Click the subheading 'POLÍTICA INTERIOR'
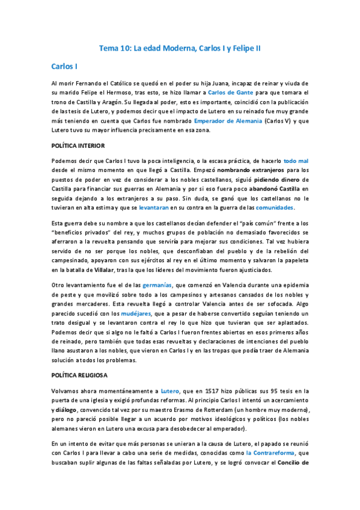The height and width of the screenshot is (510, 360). (x=78, y=146)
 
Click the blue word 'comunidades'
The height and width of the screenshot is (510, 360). (x=275, y=207)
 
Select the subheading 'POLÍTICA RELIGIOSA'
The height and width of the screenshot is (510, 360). (x=79, y=375)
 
